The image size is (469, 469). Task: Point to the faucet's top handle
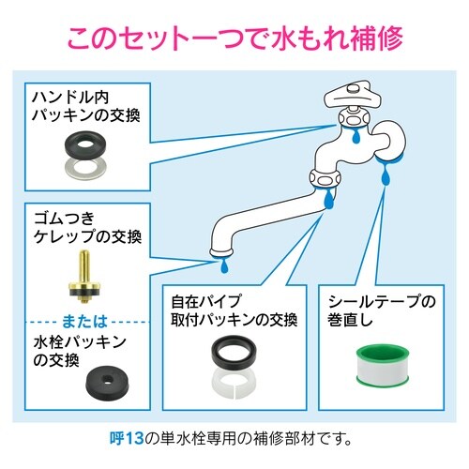(x=351, y=95)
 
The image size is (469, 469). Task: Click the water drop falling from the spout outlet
(x=222, y=266)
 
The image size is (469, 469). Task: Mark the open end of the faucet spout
(x=221, y=250)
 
